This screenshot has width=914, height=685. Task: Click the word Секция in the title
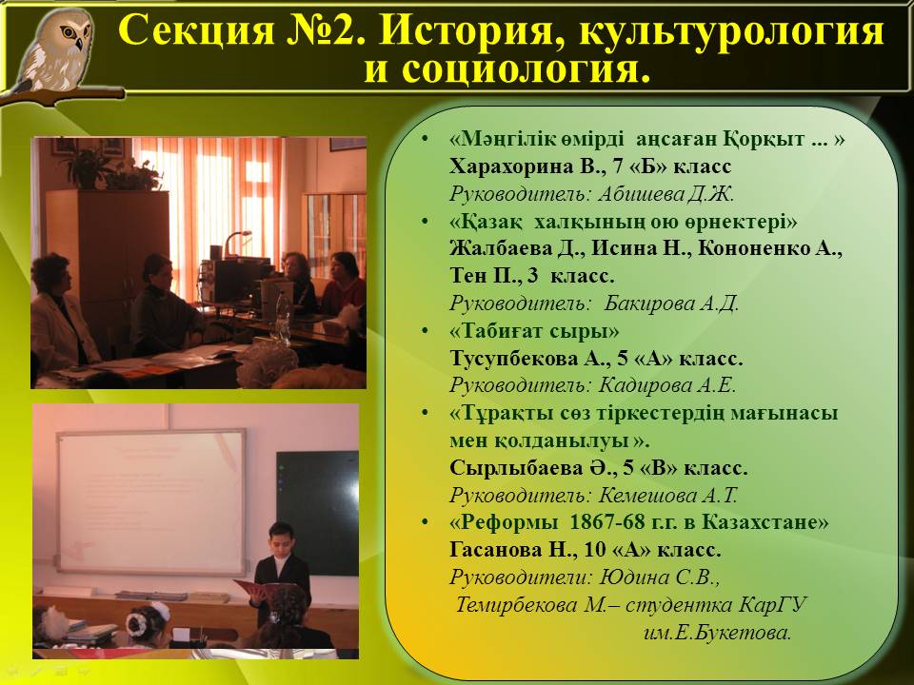click(196, 30)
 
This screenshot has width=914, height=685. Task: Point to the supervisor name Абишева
click(640, 194)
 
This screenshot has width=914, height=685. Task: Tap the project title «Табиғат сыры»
click(534, 331)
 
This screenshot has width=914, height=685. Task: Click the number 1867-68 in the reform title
click(606, 522)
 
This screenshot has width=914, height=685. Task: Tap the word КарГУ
click(773, 605)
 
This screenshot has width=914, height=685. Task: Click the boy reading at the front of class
click(280, 574)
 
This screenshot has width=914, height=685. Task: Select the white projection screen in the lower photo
click(151, 502)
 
